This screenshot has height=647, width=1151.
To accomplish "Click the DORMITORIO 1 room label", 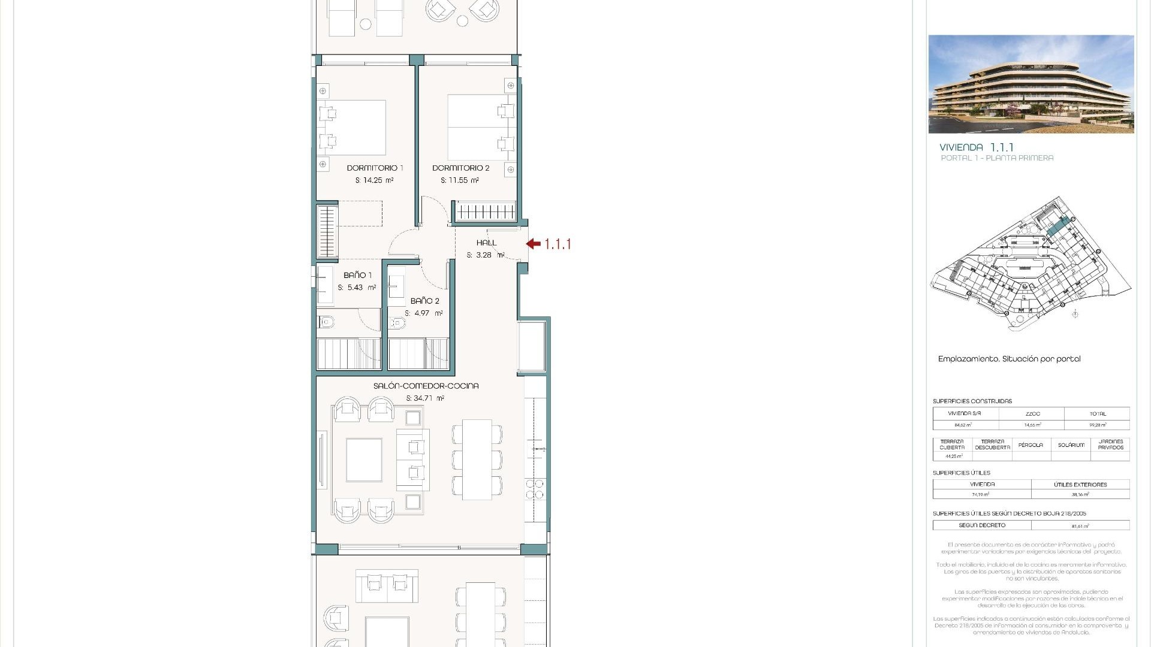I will [375, 168].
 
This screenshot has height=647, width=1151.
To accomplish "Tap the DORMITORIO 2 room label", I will [460, 168].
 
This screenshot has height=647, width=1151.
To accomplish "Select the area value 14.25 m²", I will [375, 180].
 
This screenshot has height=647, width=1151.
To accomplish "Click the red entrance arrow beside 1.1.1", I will [533, 244].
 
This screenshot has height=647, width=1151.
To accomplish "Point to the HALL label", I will [486, 243].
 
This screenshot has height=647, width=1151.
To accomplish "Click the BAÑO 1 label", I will [357, 275].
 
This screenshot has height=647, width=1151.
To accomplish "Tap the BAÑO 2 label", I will [424, 301].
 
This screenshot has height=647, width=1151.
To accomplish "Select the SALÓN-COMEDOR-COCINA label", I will [426, 386].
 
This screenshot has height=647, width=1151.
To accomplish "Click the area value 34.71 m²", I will [425, 398].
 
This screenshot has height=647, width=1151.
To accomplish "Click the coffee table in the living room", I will [364, 460].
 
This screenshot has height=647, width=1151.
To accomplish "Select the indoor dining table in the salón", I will [477, 459].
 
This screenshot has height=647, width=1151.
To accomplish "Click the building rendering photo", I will [1031, 84].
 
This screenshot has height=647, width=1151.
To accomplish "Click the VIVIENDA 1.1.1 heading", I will [976, 147].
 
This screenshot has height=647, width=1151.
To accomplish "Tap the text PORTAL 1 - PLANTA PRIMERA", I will [997, 158].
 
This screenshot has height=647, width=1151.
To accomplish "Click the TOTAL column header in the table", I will [1098, 414].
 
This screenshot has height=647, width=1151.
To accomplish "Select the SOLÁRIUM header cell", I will [1071, 445].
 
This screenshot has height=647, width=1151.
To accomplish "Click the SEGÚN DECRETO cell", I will [982, 525].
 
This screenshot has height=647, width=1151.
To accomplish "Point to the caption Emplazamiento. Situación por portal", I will [1009, 359].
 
